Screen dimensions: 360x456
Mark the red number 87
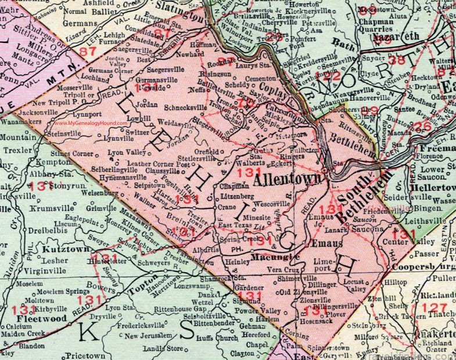89,52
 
